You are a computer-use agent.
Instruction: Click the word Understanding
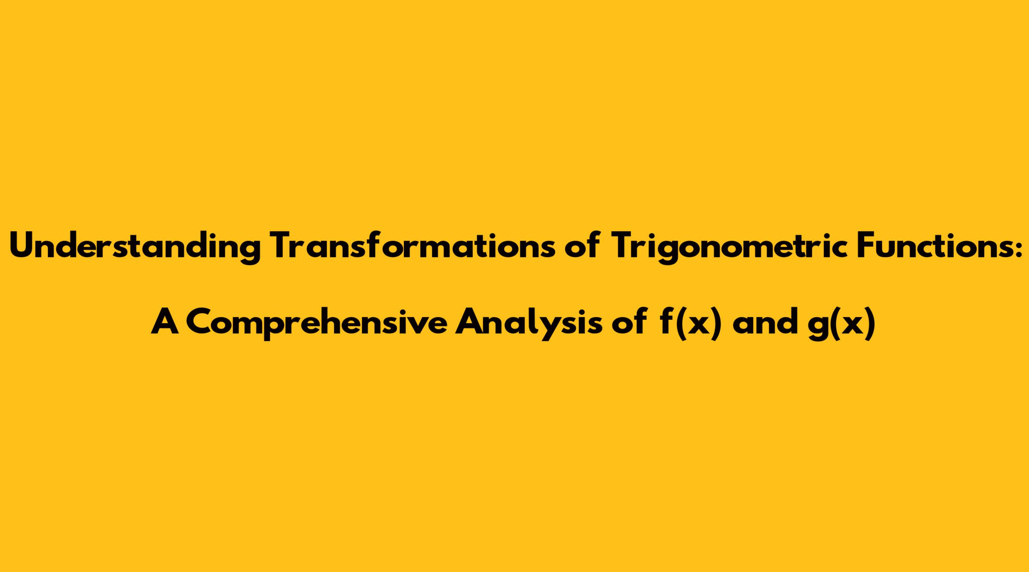pyautogui.click(x=136, y=247)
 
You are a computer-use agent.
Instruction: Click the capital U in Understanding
pyautogui.click(x=22, y=246)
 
